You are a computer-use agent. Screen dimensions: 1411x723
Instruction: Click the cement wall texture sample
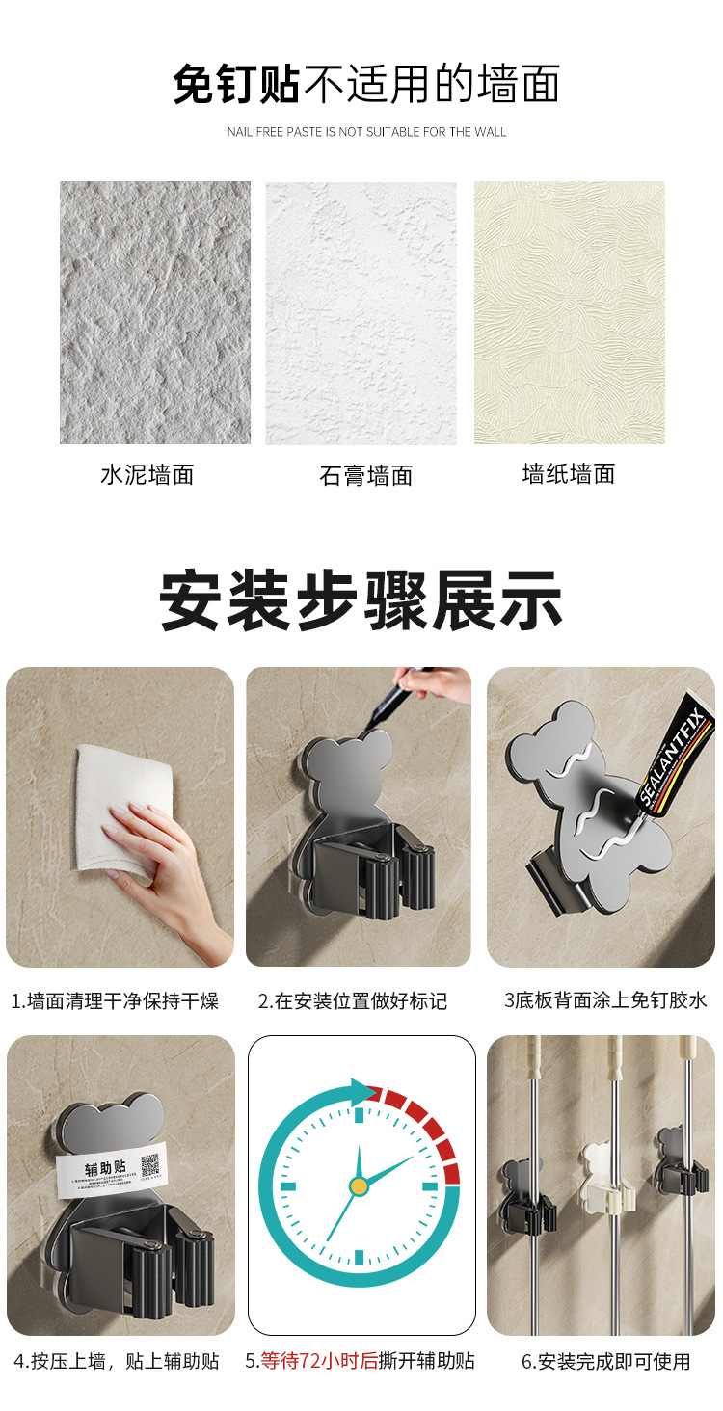pyautogui.click(x=155, y=312)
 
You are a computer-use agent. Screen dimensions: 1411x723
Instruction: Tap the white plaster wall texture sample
pyautogui.click(x=361, y=312)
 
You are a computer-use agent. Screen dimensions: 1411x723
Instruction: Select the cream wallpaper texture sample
pyautogui.click(x=569, y=312)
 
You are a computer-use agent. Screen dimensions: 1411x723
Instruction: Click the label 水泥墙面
pyautogui.click(x=147, y=474)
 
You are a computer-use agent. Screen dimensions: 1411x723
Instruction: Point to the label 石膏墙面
pyautogui.click(x=366, y=475)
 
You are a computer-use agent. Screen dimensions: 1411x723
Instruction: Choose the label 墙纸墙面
pyautogui.click(x=569, y=474)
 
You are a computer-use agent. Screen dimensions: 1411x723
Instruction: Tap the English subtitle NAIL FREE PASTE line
pyautogui.click(x=366, y=132)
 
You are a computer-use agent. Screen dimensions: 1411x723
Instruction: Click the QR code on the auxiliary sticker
pyautogui.click(x=149, y=1165)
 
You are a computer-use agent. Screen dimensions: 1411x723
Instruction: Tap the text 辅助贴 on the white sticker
pyautogui.click(x=105, y=1167)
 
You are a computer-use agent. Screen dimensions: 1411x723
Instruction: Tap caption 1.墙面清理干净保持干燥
pyautogui.click(x=116, y=1001)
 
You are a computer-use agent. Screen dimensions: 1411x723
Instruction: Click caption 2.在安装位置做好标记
pyautogui.click(x=353, y=1001)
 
